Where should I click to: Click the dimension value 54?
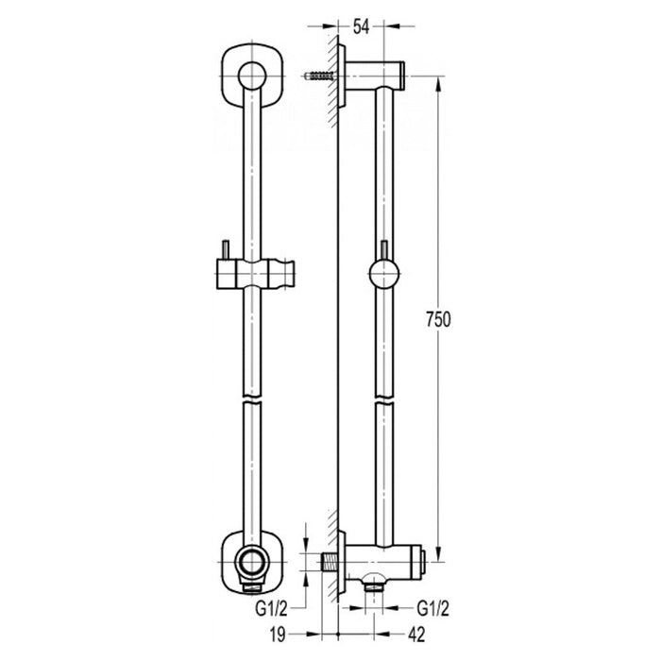362,26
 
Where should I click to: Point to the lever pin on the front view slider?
225,249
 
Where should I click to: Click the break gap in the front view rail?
250,398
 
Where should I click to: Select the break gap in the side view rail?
385,398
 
